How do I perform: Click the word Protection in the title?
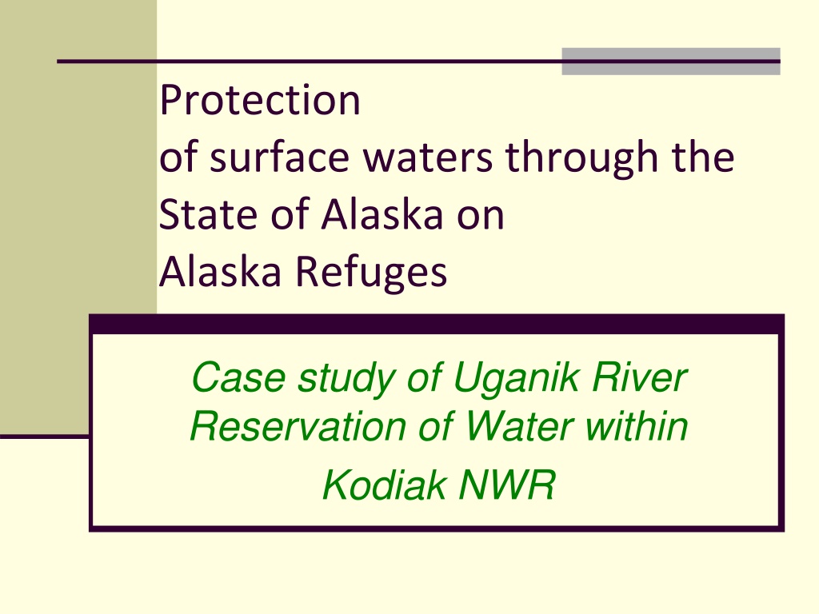click(x=260, y=100)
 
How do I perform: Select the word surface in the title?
click(x=279, y=157)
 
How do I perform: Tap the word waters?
click(x=428, y=157)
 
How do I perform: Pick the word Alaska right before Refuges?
click(x=220, y=271)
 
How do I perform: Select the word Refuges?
click(x=371, y=273)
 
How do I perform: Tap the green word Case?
click(x=238, y=377)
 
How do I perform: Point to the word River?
click(x=639, y=377)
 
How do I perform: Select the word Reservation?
click(x=298, y=426)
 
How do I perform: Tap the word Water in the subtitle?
click(x=519, y=426)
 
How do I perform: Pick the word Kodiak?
click(x=384, y=484)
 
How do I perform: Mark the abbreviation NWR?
click(x=506, y=484)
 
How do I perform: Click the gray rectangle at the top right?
click(x=671, y=61)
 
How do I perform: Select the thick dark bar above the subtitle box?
click(x=437, y=324)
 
